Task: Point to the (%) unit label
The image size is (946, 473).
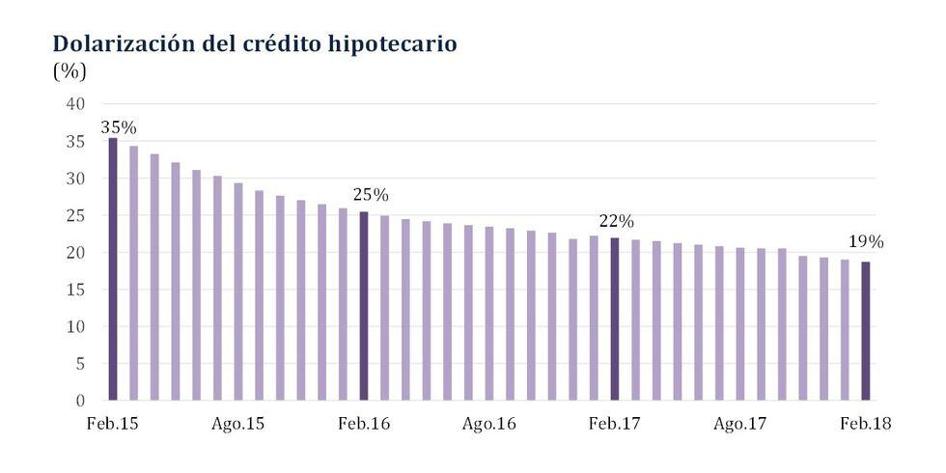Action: click(x=70, y=71)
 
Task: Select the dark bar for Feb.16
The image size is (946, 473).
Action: click(x=364, y=305)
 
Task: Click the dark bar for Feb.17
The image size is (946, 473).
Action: click(x=615, y=319)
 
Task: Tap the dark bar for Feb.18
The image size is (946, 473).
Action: click(x=866, y=330)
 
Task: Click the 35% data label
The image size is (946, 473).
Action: click(x=119, y=126)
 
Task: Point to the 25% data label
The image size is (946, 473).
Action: click(x=371, y=195)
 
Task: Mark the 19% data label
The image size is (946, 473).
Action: click(x=865, y=242)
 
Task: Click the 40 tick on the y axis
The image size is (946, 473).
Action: click(x=77, y=104)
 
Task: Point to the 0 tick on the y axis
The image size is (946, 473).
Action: click(x=81, y=400)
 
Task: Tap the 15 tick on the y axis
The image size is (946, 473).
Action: click(x=77, y=290)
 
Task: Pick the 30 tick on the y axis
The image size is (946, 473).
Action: click(x=77, y=179)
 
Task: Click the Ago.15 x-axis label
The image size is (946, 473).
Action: click(x=237, y=424)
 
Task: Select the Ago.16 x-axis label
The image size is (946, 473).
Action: click(x=488, y=424)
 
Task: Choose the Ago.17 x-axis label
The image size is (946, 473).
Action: click(x=739, y=424)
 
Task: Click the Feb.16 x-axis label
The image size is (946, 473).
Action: click(x=363, y=424)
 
